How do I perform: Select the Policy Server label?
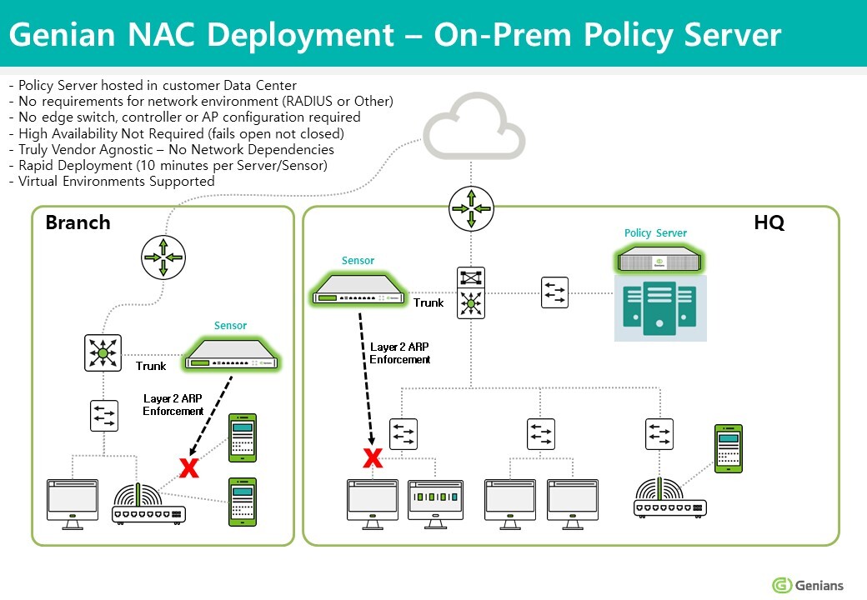(655, 233)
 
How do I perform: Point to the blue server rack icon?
(660, 308)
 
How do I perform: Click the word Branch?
(78, 222)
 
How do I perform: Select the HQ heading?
(768, 222)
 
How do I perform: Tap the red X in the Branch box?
(189, 468)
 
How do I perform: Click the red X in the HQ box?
(373, 457)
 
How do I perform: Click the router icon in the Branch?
(163, 257)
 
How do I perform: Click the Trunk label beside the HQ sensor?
(428, 302)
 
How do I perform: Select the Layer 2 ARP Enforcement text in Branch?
(173, 405)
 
